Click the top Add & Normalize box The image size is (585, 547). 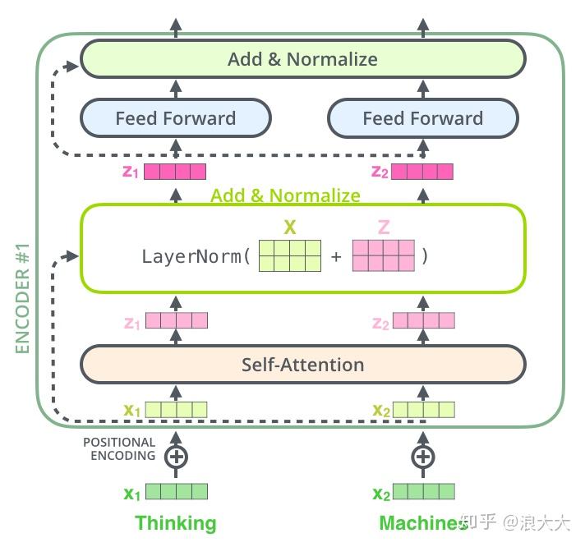302,59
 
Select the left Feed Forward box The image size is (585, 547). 175,118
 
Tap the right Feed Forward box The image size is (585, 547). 422,118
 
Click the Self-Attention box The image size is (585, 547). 302,364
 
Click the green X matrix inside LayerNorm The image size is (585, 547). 289,255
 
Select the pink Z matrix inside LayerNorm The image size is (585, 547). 383,255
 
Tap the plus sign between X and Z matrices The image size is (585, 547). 336,256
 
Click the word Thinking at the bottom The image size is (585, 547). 175,523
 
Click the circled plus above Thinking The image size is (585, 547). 176,456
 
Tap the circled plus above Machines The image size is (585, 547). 422,456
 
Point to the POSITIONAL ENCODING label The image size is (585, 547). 118,449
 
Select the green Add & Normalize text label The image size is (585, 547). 285,195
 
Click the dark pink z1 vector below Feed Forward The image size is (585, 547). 175,172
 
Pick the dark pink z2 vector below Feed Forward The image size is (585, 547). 422,172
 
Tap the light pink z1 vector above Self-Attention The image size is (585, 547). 176,322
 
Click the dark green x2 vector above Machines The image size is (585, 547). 423,492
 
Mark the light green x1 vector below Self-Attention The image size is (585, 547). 176,409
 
